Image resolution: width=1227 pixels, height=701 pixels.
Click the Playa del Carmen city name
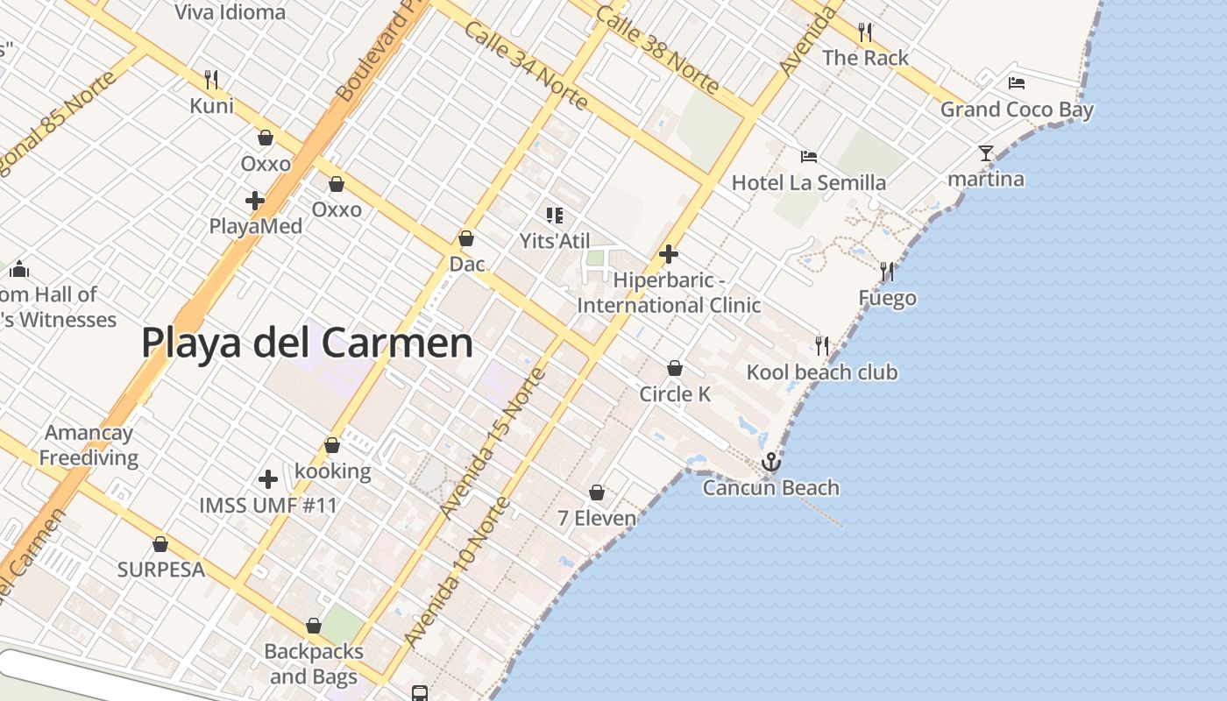pos(307,343)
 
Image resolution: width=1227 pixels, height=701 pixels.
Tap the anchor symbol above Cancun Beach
pos(771,462)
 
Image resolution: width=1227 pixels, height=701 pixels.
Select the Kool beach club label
pos(821,372)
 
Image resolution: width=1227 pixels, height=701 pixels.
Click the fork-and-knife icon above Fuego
pos(887,272)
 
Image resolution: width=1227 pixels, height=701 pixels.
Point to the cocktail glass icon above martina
pos(986,153)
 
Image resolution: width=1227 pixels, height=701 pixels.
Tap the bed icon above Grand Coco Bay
pos(1017,83)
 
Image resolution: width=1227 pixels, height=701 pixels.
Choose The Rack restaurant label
pos(865,58)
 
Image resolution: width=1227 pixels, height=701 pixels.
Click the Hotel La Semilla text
pos(808,183)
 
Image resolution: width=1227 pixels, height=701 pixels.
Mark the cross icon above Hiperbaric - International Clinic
pos(669,254)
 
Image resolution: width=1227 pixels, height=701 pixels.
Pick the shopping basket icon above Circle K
pos(675,368)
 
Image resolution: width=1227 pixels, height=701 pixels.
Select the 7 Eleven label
pos(597,518)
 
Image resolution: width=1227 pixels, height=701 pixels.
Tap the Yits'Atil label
pos(555,241)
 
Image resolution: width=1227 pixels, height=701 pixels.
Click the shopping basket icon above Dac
pos(466,238)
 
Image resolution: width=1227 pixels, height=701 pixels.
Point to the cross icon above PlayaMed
pos(255,201)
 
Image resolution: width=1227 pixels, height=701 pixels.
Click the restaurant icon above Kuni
pos(211,80)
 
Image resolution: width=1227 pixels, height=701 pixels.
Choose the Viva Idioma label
pos(230,12)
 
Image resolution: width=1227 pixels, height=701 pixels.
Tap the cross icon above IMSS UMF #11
pos(268,479)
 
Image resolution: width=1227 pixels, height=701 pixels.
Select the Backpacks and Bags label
pos(314,664)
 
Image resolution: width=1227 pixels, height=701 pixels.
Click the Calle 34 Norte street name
pos(526,66)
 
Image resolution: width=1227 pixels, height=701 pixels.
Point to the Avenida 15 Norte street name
pos(493,443)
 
